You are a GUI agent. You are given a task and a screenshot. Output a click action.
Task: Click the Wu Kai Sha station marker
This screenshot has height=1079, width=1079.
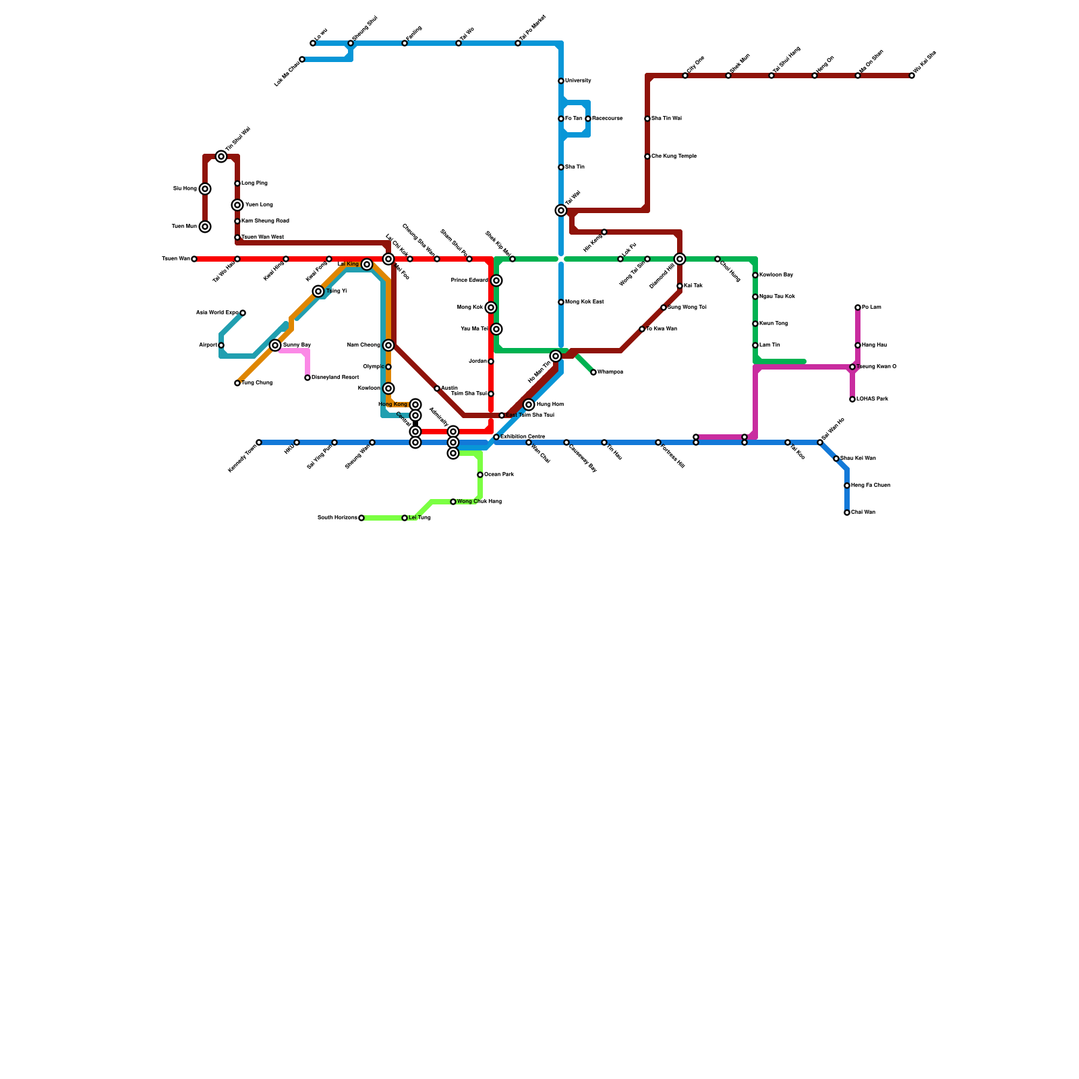912,76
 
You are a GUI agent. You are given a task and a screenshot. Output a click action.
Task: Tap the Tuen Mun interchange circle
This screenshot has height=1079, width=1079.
205,227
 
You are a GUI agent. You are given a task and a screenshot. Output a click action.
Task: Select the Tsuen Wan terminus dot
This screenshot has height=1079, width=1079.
194,259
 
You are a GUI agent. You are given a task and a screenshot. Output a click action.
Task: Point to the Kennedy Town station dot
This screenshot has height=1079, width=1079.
259,442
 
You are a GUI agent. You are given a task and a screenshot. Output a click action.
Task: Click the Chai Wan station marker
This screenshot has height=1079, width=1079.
847,513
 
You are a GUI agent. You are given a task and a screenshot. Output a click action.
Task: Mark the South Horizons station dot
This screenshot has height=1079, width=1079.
361,518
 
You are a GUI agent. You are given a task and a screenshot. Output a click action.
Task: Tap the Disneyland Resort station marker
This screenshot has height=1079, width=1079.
308,378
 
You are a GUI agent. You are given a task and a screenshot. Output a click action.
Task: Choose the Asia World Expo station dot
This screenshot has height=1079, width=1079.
243,313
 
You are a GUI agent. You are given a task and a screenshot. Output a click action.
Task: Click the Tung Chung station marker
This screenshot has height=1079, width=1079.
237,383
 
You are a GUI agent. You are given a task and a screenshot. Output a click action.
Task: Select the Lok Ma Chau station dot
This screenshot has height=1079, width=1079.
302,59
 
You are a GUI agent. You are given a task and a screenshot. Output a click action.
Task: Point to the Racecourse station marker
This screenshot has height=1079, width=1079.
588,119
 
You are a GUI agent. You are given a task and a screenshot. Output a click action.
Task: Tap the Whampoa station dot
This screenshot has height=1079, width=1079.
593,372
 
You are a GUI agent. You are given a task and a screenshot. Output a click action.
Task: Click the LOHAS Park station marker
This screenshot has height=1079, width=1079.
852,399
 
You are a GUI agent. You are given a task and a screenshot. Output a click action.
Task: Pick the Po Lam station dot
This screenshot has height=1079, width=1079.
858,308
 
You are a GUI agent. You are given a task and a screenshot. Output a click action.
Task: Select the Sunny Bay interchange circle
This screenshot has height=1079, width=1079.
275,345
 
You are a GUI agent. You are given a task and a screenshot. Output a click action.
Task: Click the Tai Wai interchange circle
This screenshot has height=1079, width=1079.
561,210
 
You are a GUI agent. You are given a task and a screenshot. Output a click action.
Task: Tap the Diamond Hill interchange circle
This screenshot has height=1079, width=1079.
680,259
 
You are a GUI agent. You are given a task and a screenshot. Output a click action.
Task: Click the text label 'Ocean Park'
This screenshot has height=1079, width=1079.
499,475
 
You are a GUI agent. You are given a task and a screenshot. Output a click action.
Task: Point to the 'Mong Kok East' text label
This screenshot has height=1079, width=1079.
584,302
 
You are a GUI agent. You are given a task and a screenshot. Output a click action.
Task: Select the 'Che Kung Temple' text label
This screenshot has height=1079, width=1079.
674,156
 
